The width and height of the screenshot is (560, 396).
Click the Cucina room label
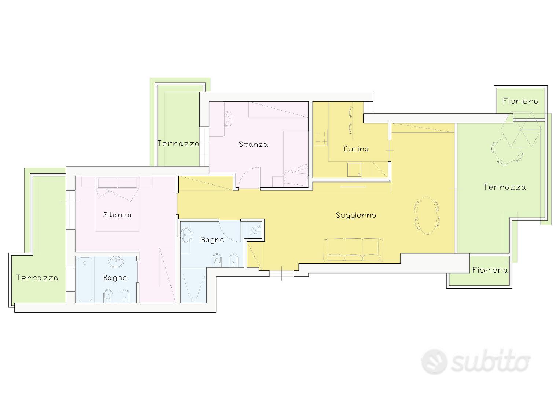tap(356, 149)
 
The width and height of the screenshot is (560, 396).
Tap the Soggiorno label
tap(356, 215)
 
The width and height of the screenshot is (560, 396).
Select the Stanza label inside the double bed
tap(117, 215)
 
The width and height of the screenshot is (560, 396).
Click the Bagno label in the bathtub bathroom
tap(115, 278)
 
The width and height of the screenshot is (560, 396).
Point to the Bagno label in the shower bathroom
tap(212, 240)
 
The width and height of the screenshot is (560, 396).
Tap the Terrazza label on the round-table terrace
tap(504, 187)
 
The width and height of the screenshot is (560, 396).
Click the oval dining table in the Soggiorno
tap(427, 215)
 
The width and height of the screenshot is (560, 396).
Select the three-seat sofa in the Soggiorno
tap(353, 250)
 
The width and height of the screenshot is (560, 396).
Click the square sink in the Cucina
tap(354, 170)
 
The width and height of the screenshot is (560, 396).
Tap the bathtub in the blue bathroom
tap(85, 279)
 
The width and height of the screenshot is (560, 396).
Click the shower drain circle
tap(193, 299)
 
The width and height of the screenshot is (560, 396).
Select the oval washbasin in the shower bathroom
tap(186, 235)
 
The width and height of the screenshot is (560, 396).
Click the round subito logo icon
tap(434, 362)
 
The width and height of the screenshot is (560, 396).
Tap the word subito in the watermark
tap(490, 362)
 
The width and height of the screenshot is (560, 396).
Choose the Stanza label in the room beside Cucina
tap(253, 144)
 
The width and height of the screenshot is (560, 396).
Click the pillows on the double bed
tap(118, 183)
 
